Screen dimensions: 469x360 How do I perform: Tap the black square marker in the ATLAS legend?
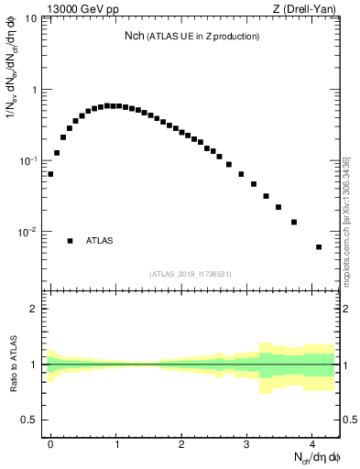click(70, 241)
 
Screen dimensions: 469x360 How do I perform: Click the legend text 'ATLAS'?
click(99, 241)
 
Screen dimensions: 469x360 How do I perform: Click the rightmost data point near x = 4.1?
click(319, 247)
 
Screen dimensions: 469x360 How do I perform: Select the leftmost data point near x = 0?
click(50, 173)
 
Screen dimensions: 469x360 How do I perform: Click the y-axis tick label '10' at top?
click(30, 19)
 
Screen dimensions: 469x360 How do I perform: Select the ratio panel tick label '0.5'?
click(28, 420)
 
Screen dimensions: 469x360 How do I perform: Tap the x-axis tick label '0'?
click(50, 442)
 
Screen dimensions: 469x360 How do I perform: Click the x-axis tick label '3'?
click(247, 442)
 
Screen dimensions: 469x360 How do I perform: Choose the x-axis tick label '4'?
click(312, 442)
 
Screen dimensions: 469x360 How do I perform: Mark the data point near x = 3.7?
click(294, 222)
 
